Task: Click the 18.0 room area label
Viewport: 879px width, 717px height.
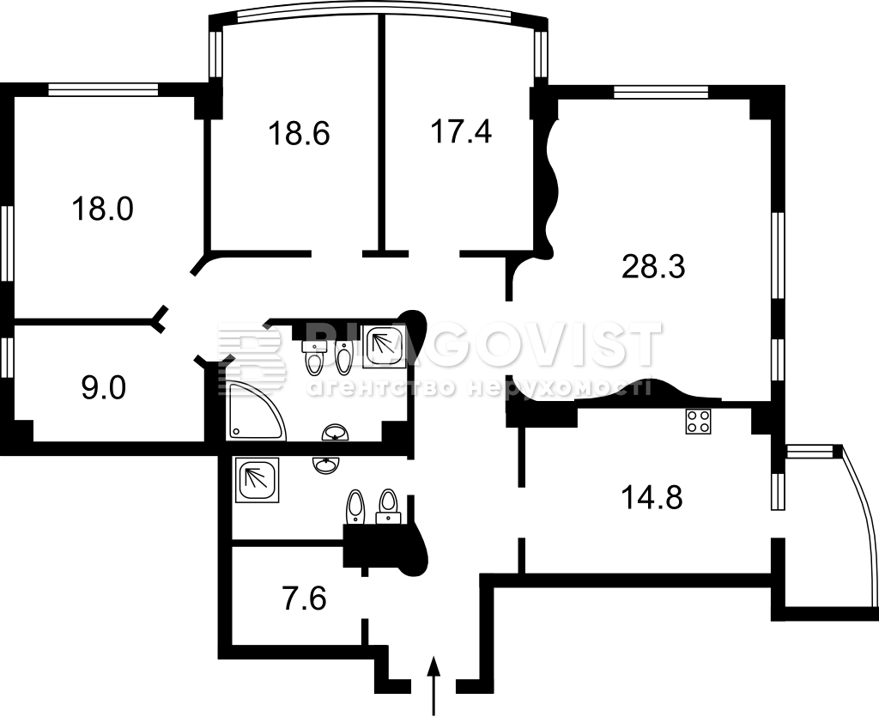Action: pos(102,210)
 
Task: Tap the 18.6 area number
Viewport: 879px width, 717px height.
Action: pos(298,134)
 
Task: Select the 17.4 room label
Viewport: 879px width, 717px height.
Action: pos(461,132)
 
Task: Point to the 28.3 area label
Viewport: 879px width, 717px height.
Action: pos(653,266)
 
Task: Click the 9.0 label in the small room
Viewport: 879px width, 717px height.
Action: pos(104,388)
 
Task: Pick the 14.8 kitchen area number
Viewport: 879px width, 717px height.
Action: pos(652,497)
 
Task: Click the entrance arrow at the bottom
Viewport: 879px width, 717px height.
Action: pos(433,685)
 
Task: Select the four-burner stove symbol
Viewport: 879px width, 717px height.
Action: pos(698,421)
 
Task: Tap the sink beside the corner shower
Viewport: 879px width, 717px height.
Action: pos(336,432)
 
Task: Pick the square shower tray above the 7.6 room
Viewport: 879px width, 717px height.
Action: pos(258,480)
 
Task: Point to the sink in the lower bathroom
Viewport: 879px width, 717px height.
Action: pos(325,465)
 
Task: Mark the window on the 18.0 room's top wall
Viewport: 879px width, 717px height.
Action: pos(104,89)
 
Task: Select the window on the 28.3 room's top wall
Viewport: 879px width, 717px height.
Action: pos(660,91)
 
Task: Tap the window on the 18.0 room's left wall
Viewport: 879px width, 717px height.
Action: pos(7,243)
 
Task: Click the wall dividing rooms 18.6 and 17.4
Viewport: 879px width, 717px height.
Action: pos(381,132)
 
